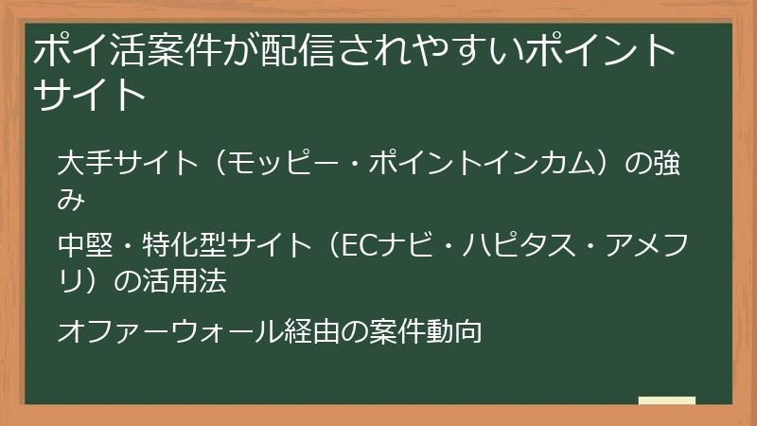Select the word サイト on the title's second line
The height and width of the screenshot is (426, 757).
pyautogui.click(x=91, y=95)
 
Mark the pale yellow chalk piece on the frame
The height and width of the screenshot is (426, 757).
pyautogui.click(x=666, y=400)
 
